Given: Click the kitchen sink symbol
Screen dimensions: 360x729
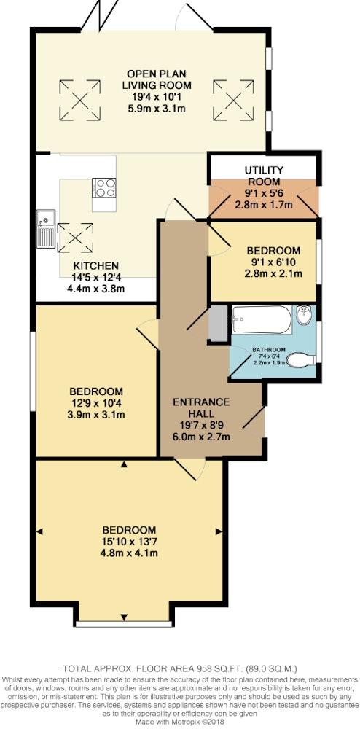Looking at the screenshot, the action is tap(46, 229).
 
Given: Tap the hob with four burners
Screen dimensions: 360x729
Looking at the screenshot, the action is tap(103, 188).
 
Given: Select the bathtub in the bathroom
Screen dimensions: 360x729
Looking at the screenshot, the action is tap(262, 319).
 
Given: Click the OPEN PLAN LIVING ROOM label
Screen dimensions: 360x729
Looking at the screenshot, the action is tap(157, 79).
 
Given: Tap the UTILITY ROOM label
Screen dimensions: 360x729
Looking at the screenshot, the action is tap(263, 175).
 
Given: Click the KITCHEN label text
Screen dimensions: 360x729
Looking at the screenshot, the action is tap(96, 266).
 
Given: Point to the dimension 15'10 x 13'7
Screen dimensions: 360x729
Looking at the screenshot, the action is tap(130, 542).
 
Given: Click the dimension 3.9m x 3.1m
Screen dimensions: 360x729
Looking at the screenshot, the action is tap(96, 415).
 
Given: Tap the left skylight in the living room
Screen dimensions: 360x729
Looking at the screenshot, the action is tap(80, 100).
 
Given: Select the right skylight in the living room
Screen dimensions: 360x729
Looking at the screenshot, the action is tap(234, 100).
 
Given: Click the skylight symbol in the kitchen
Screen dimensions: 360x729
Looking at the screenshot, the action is tap(75, 238).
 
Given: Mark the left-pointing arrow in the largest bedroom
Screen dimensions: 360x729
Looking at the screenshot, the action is tap(39, 531).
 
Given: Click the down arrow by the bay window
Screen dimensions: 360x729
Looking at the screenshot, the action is tap(124, 617).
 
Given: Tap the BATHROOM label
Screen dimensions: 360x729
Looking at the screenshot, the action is tap(269, 350).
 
